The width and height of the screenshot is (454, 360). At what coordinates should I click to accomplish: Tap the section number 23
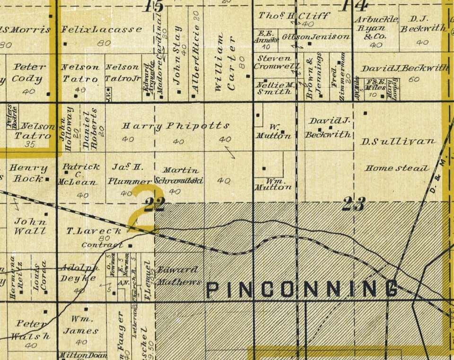pyautogui.click(x=354, y=204)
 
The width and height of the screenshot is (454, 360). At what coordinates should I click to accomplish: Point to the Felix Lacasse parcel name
pyautogui.click(x=102, y=29)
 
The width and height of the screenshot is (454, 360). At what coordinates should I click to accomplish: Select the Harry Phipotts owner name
pyautogui.click(x=176, y=126)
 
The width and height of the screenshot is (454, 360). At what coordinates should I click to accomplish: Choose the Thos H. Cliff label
pyautogui.click(x=294, y=16)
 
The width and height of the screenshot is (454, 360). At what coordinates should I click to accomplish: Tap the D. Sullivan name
pyautogui.click(x=398, y=141)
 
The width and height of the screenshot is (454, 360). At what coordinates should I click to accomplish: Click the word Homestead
pyautogui.click(x=397, y=168)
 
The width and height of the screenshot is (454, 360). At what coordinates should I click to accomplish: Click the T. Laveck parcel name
pyautogui.click(x=95, y=231)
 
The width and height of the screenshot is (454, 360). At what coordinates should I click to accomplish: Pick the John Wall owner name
pyautogui.click(x=30, y=226)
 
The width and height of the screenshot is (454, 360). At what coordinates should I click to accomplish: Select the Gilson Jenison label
pyautogui.click(x=316, y=36)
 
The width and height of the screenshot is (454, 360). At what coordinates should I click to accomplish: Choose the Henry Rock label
pyautogui.click(x=29, y=173)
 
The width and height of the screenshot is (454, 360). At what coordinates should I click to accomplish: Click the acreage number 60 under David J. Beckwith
pyautogui.click(x=414, y=79)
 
